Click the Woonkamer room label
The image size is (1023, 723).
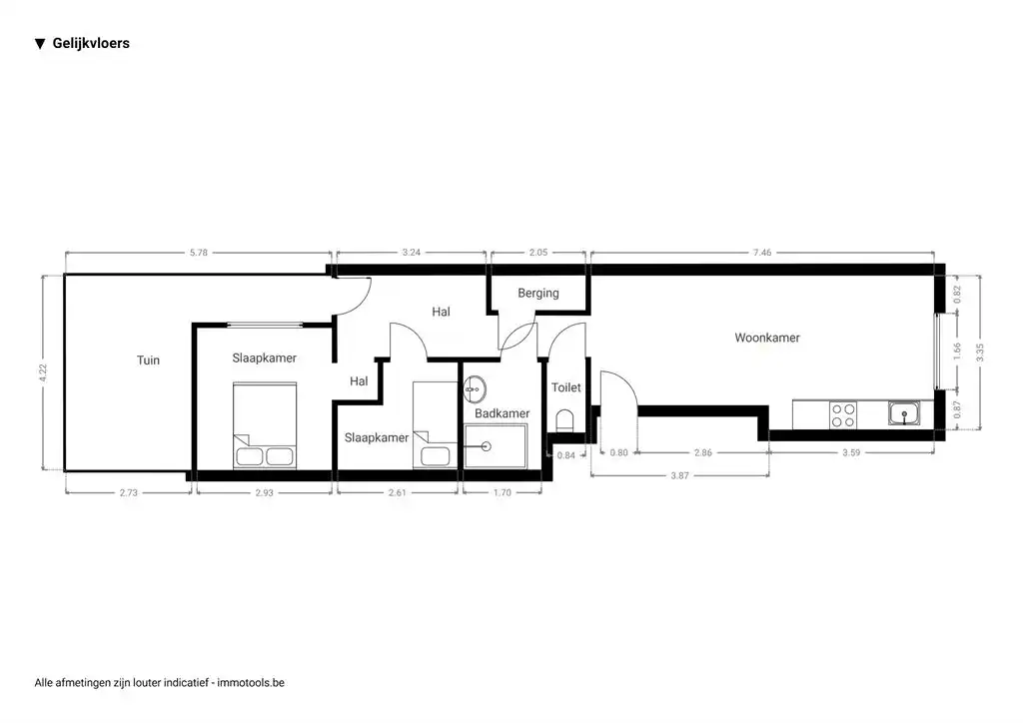766,338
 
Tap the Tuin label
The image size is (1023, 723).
148,361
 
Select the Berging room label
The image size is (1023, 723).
537,294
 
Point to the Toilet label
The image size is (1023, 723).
565,387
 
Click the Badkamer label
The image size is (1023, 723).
502,413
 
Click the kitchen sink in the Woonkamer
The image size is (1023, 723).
905,413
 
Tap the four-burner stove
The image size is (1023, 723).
843,413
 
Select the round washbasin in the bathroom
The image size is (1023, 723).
476,386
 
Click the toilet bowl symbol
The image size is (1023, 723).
565,418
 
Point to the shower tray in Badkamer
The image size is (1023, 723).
496,445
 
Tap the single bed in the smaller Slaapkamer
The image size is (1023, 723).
435,425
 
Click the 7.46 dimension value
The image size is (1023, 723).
761,253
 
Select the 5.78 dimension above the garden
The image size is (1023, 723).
198,253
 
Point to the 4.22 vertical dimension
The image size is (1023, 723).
43,371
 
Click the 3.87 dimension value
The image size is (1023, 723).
679,475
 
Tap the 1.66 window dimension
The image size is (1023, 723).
957,352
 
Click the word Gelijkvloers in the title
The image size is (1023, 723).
91,44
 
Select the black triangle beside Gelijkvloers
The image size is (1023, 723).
40,44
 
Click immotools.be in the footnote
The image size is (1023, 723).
252,683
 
